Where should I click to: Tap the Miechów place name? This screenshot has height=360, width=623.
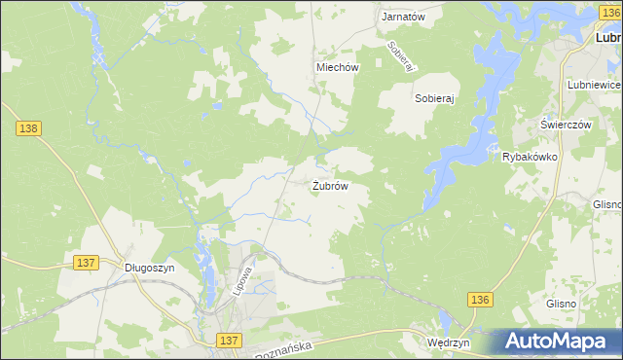(338, 68)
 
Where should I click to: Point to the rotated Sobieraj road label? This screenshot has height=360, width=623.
(401, 55)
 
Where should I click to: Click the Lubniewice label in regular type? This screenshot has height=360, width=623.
(594, 86)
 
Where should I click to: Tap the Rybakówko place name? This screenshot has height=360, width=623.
(529, 157)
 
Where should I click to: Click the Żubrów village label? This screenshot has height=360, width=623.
(330, 185)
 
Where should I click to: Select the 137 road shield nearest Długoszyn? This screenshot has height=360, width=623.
(86, 263)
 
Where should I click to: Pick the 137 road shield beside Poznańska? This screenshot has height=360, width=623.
(229, 340)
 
